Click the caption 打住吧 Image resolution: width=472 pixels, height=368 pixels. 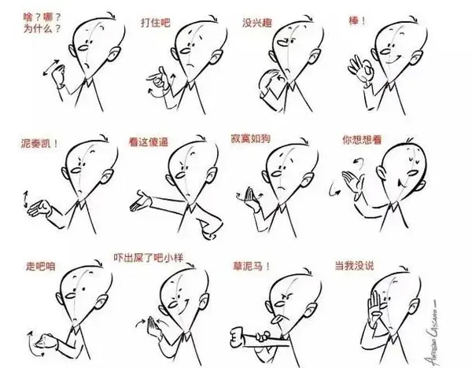[x=156, y=23]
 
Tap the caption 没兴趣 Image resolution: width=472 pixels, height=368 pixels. [x=257, y=23]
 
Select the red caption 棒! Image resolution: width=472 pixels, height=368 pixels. [x=357, y=20]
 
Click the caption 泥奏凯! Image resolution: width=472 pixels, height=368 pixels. [x=39, y=143]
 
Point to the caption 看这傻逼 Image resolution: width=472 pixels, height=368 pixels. [x=149, y=142]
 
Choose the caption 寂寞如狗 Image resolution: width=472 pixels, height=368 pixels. [x=250, y=138]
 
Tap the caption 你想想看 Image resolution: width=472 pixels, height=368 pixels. [x=362, y=140]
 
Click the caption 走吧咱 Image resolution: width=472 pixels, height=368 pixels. [x=41, y=267]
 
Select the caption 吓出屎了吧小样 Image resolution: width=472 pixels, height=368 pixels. [x=149, y=258]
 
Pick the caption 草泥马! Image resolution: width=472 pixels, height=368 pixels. [x=252, y=267]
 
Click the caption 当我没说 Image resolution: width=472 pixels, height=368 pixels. [x=354, y=266]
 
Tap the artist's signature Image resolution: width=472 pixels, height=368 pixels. [x=431, y=332]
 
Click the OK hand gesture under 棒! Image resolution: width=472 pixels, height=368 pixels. [x=360, y=70]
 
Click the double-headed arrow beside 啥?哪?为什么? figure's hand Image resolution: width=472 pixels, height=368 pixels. [x=51, y=68]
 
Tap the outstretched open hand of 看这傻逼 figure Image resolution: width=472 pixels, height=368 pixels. [x=140, y=201]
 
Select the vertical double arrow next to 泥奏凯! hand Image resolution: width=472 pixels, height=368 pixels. [x=26, y=199]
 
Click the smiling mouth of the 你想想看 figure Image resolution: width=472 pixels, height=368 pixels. [x=400, y=182]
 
